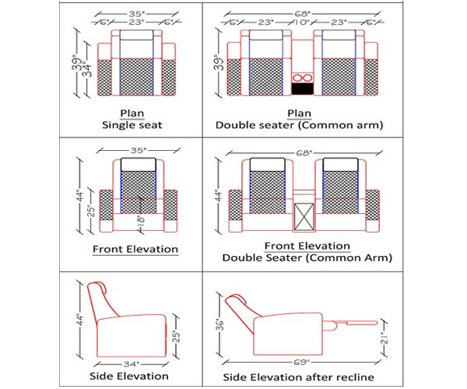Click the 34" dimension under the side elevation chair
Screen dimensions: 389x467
tap(132, 363)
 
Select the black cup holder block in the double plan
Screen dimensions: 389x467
tap(302, 89)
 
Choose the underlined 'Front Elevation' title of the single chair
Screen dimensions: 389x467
tap(135, 250)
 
